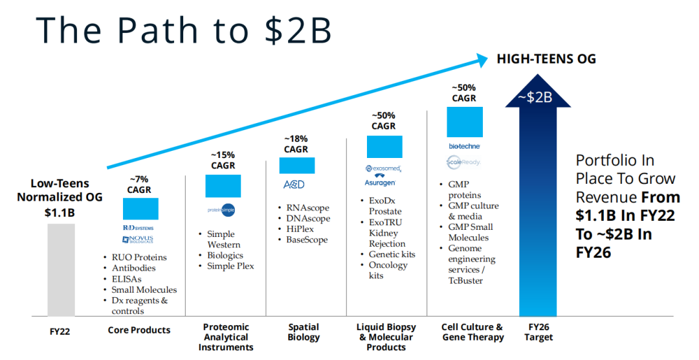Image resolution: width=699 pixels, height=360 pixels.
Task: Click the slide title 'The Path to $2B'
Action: coord(184,29)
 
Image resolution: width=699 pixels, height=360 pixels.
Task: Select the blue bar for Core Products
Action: coord(140,208)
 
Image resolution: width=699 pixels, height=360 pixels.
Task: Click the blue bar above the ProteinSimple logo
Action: coord(223,186)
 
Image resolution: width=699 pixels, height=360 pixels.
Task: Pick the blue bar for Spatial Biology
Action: coord(296,165)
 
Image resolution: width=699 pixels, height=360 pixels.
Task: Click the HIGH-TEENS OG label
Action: coord(546,59)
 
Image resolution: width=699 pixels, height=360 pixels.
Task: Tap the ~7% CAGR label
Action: coord(139,185)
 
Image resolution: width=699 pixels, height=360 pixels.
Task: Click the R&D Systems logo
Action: coord(138,228)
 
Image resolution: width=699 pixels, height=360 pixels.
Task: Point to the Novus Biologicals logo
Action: coord(138,240)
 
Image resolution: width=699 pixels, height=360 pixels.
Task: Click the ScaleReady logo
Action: coord(463,163)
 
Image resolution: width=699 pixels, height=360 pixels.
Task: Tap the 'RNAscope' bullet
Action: coord(307,208)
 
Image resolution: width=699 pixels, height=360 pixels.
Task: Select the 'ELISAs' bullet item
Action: coord(126,279)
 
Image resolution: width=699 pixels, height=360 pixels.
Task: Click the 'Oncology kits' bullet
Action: coord(388,271)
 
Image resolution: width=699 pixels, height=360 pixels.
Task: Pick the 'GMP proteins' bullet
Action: coord(464,190)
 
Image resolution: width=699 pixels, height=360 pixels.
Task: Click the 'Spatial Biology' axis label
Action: coord(304,332)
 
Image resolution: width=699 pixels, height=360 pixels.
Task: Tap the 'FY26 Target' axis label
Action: coord(539,332)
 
